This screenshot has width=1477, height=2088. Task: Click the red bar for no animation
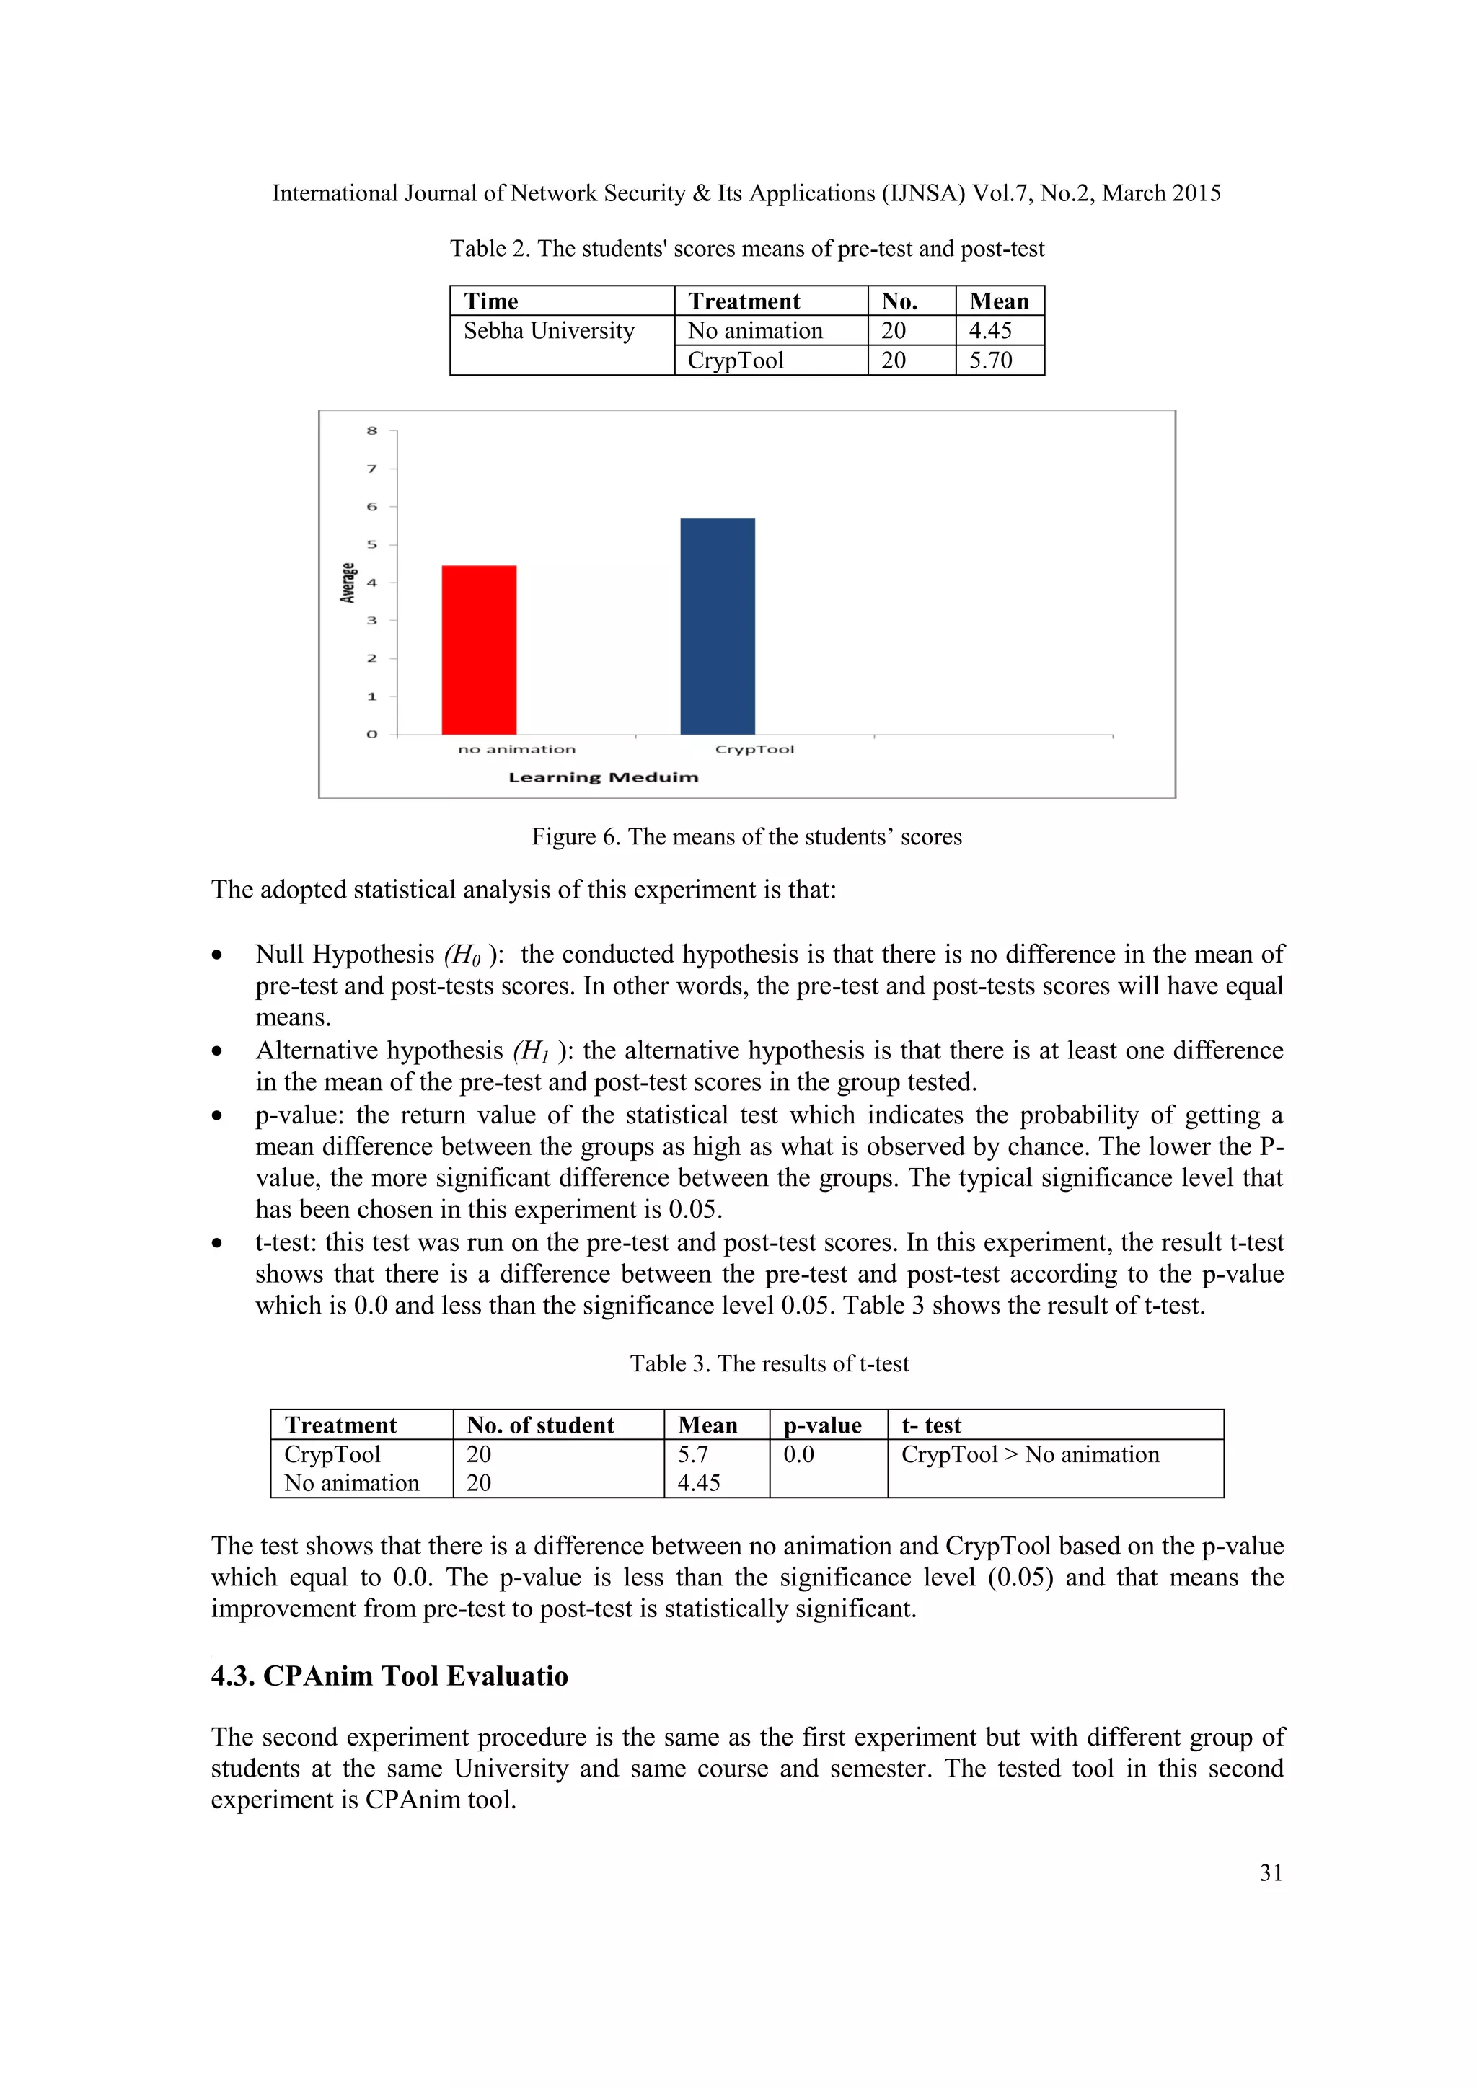tap(480, 650)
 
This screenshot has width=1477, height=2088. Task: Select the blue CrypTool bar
tap(718, 626)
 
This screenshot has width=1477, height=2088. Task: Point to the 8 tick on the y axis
tap(372, 431)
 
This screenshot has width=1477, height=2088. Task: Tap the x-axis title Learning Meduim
tap(603, 777)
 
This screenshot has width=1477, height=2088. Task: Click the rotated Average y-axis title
tap(348, 583)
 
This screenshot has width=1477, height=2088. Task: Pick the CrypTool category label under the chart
tap(754, 749)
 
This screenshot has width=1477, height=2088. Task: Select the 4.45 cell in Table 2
tap(990, 331)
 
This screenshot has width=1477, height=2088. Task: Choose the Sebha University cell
tap(548, 331)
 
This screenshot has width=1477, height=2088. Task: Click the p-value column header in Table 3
tap(822, 1425)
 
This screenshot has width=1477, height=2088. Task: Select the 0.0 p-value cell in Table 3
tap(798, 1454)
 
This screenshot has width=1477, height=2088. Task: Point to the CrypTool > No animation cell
tap(1030, 1454)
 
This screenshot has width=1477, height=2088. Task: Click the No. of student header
tap(540, 1425)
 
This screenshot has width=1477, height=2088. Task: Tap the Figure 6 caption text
tap(746, 836)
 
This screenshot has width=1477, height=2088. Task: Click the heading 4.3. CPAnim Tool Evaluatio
tap(389, 1676)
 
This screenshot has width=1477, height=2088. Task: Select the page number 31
tap(1271, 1872)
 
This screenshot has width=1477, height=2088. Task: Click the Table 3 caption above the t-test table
tap(770, 1363)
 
